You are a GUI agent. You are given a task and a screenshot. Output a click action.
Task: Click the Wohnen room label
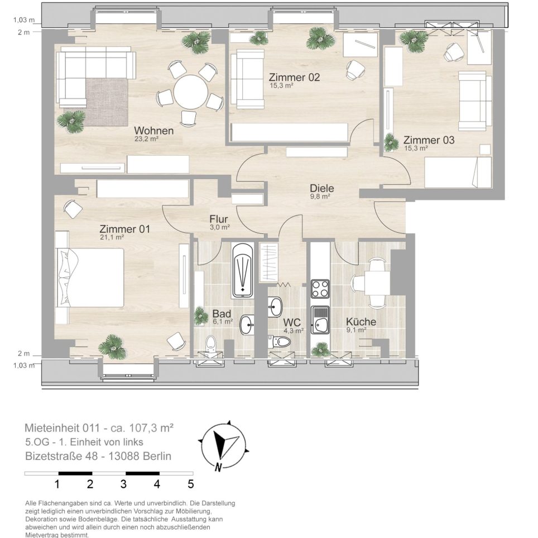[153, 131]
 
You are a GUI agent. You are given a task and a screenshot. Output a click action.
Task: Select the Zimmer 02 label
[294, 77]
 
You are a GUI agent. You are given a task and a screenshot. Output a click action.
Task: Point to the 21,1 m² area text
[112, 237]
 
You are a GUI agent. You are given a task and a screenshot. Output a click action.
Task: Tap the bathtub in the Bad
[243, 270]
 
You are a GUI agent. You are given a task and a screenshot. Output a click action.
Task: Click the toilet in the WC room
[282, 341]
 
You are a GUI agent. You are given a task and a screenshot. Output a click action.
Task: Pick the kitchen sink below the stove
[320, 320]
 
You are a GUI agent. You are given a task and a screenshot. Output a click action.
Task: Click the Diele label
[322, 189]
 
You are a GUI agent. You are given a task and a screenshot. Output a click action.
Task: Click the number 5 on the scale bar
[190, 484]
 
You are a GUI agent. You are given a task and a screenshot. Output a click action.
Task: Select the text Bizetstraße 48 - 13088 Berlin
[98, 456]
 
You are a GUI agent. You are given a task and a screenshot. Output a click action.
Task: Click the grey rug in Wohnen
[107, 102]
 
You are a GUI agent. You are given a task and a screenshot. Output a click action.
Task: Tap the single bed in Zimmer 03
[458, 172]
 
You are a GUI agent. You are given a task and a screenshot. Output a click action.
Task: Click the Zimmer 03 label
[429, 140]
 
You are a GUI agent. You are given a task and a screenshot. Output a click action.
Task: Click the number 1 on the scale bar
[57, 484]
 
